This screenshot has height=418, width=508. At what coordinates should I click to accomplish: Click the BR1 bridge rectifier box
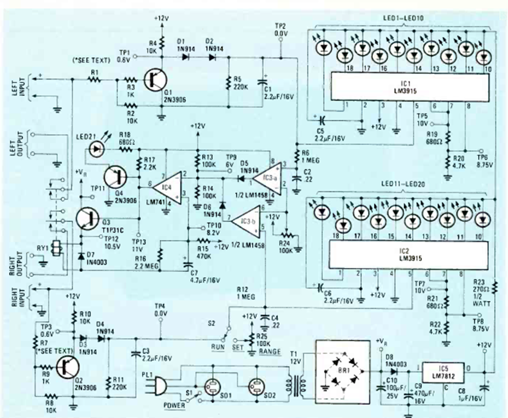[341, 373]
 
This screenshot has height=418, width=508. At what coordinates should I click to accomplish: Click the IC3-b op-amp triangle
[245, 221]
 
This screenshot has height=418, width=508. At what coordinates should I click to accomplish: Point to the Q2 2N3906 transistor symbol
[69, 366]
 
